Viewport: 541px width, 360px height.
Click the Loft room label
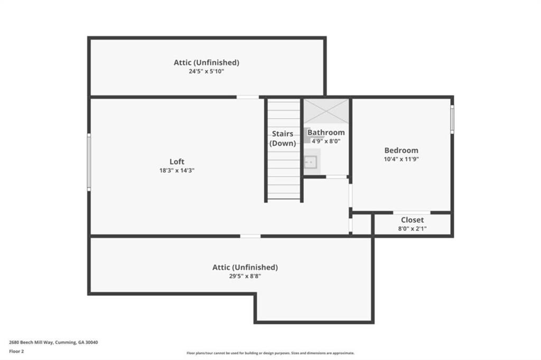pos(176,162)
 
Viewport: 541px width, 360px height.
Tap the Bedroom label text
pos(402,150)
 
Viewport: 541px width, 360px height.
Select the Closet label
pos(412,220)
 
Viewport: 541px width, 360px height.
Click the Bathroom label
pos(326,132)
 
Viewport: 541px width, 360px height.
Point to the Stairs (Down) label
pos(283,138)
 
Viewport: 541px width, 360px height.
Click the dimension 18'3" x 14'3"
pos(176,170)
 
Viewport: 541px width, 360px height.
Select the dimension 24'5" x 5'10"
pos(207,71)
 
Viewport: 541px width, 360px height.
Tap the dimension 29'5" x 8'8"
pos(245,276)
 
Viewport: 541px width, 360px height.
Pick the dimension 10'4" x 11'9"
pos(402,159)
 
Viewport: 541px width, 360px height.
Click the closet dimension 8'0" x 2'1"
pos(412,228)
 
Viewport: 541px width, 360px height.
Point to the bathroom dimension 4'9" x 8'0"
pos(326,141)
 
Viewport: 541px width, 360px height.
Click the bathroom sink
pos(311,162)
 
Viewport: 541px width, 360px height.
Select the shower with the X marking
pos(326,111)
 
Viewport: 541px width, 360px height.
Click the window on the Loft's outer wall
pos(89,162)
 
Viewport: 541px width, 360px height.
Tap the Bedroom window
pos(452,119)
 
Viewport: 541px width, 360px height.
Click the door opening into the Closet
pos(412,212)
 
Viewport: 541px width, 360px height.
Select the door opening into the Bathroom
pos(337,177)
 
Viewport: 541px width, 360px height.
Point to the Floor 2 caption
pos(16,352)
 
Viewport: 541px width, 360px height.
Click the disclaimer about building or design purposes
pos(270,353)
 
